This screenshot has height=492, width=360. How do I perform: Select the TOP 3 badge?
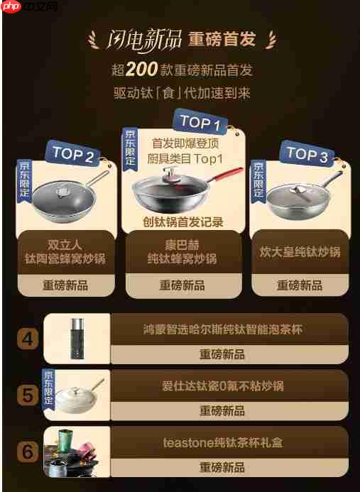(307, 155)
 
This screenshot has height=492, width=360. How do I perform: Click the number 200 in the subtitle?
(146, 70)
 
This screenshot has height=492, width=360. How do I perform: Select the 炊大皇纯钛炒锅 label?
(300, 251)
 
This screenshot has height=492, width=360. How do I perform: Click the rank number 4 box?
(28, 339)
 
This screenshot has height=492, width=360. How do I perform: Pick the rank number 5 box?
(28, 395)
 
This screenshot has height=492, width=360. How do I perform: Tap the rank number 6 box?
(28, 452)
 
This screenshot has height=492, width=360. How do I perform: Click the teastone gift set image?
(77, 452)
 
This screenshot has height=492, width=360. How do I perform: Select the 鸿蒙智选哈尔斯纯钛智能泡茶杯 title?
(222, 329)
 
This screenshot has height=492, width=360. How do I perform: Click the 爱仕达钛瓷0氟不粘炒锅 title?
(222, 386)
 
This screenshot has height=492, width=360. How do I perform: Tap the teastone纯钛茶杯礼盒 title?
(222, 442)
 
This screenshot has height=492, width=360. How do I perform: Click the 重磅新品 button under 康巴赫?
(182, 285)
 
